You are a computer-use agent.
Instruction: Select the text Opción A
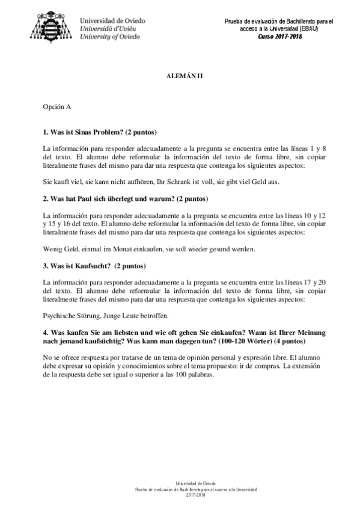coord(57,107)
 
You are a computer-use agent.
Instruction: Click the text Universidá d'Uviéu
coord(111,28)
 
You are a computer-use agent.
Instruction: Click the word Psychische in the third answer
coord(62,315)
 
